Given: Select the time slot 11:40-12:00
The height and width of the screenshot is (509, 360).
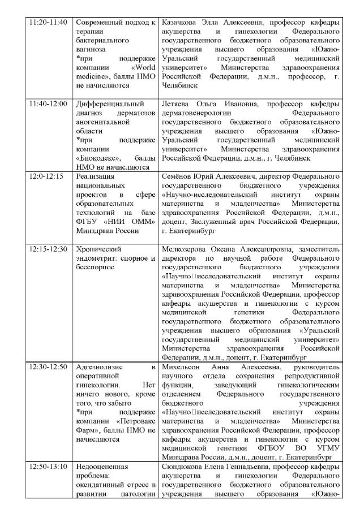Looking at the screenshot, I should coord(48,104).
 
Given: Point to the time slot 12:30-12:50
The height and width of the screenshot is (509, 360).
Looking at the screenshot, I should coord(48,367).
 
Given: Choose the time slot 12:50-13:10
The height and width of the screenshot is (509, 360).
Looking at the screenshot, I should coord(48,467).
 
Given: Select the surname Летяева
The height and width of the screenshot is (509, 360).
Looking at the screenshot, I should coord(176,104).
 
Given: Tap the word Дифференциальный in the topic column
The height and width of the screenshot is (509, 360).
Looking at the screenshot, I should coord(107,104).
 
